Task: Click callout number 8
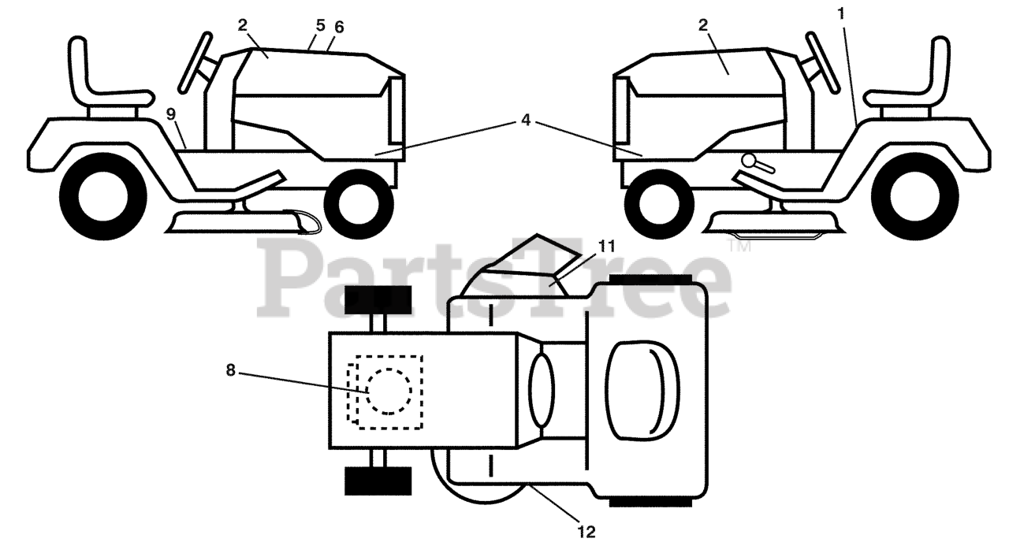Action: (231, 369)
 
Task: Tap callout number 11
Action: (605, 246)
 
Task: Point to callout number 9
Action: (171, 114)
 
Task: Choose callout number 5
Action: (320, 24)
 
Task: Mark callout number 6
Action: (339, 27)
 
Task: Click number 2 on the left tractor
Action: (242, 24)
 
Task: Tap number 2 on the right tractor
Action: (702, 24)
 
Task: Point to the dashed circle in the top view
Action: (389, 392)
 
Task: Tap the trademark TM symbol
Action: (740, 247)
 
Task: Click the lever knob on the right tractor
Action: (748, 162)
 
